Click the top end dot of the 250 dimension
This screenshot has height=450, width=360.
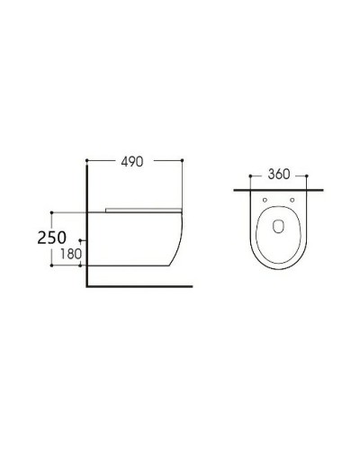53,211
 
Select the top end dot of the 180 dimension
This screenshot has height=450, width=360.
81,241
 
